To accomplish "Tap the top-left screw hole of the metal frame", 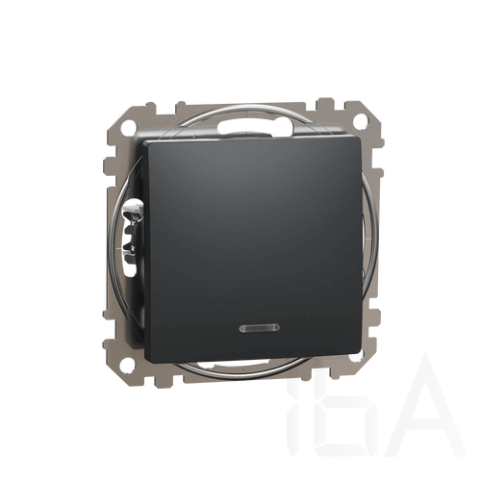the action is (128, 122).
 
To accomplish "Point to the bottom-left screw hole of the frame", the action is (128, 364).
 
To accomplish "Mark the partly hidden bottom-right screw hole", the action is (362, 356).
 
